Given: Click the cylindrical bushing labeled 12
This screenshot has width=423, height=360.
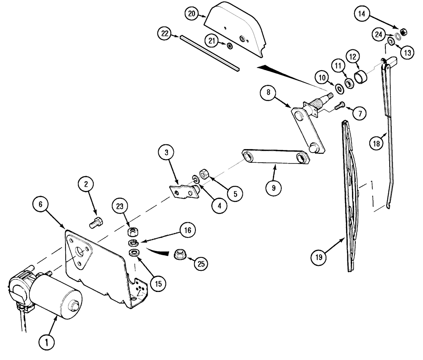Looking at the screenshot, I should pyautogui.click(x=361, y=78).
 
